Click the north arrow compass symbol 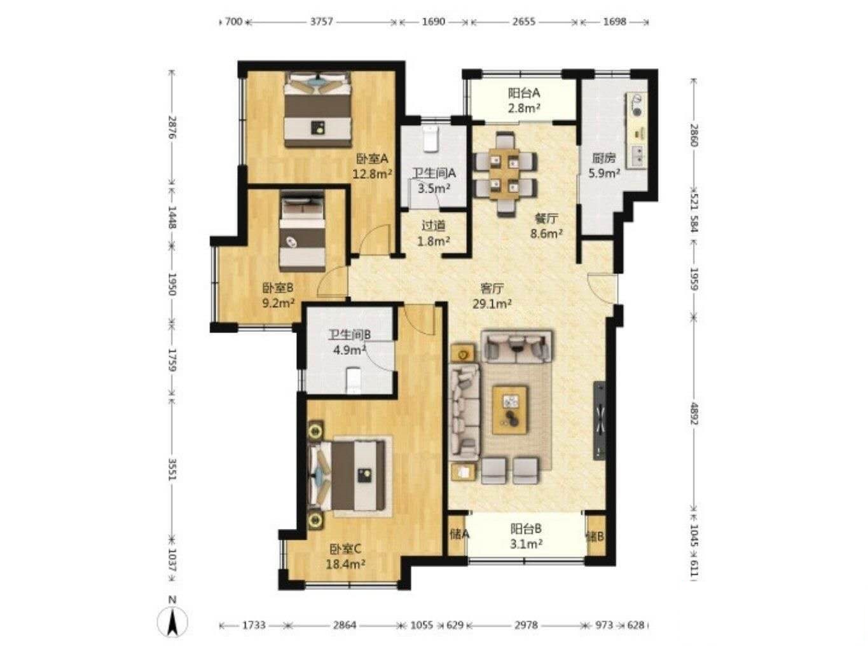(x=172, y=625)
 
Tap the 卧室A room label (x=373, y=159)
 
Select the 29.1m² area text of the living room (x=492, y=304)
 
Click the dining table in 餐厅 (x=505, y=174)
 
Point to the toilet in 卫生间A (x=430, y=139)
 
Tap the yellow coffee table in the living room (x=510, y=410)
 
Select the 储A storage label (x=459, y=535)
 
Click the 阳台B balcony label (x=525, y=528)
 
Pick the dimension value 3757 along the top (x=321, y=22)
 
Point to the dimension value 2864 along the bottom (x=345, y=625)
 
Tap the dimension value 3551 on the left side (x=172, y=469)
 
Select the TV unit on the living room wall (x=599, y=420)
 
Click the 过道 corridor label (x=434, y=226)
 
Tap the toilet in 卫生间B (x=353, y=380)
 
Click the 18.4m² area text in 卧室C (x=345, y=564)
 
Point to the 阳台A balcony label (x=524, y=93)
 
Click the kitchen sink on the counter (x=637, y=155)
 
